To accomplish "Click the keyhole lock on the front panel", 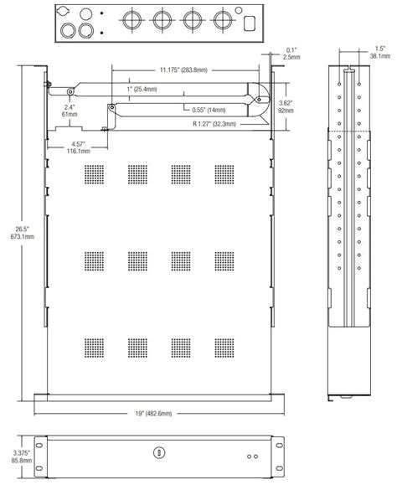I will coord(156,453).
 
